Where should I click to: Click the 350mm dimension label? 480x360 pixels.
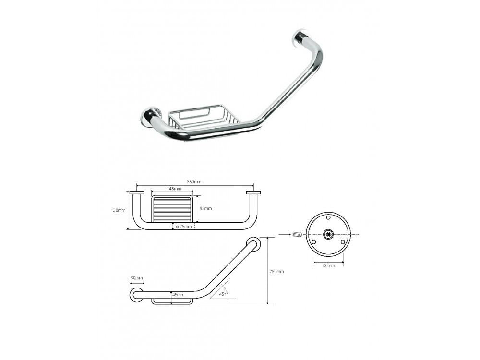(194, 182)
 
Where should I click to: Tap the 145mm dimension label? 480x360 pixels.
(174, 189)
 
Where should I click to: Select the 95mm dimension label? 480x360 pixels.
(206, 208)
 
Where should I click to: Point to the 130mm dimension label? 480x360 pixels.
(118, 210)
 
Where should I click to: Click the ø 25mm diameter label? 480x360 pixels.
(184, 227)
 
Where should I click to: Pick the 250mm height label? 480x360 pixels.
(276, 271)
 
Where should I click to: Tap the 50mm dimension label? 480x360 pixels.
(137, 278)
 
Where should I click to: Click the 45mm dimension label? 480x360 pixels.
(179, 295)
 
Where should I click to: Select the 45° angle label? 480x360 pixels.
(223, 294)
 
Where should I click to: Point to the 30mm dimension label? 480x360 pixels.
(329, 266)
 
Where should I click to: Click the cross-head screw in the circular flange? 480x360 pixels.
(329, 235)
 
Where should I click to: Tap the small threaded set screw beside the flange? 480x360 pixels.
(297, 235)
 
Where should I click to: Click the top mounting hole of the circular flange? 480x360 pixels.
(329, 218)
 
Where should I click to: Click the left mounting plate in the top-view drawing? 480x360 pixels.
(136, 193)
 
